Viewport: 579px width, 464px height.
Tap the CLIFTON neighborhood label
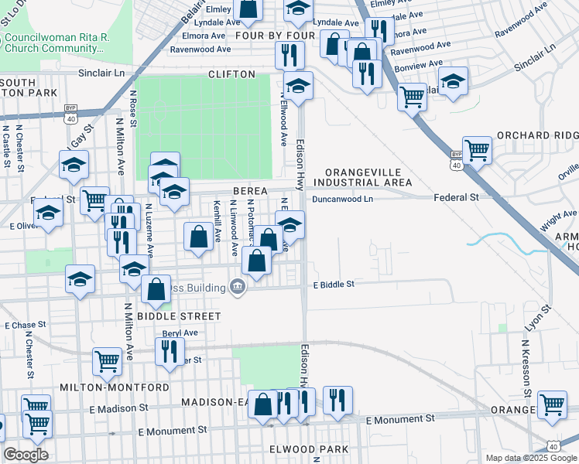[x=231, y=74]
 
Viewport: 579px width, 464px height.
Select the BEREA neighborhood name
[x=248, y=191]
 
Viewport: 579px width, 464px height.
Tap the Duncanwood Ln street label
[x=343, y=199]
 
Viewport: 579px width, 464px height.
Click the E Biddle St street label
[x=334, y=285]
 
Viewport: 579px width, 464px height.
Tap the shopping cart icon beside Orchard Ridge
[x=477, y=150]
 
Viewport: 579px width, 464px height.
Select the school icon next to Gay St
[x=74, y=165]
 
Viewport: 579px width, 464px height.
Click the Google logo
[x=26, y=455]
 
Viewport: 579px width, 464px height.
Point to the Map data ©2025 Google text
[x=531, y=458]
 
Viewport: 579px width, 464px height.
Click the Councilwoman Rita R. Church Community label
[x=54, y=43]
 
